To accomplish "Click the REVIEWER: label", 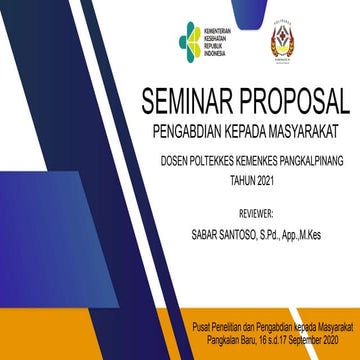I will coord(256,214).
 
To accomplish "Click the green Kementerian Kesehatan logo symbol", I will coord(190,40).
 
